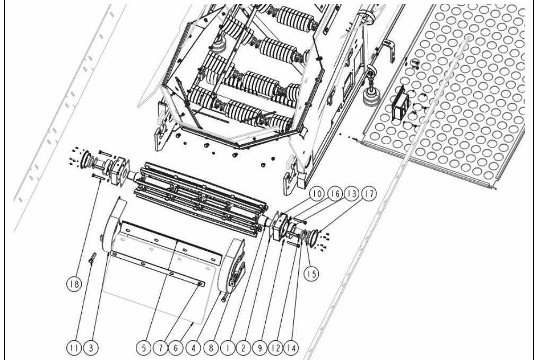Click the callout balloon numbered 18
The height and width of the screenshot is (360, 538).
pyautogui.click(x=74, y=284)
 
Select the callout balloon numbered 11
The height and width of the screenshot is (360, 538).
pyautogui.click(x=74, y=348)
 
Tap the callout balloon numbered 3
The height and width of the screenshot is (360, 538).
pyautogui.click(x=91, y=348)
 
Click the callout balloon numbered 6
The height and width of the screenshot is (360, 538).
pyautogui.click(x=176, y=348)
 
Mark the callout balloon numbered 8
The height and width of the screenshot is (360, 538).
pyautogui.click(x=210, y=348)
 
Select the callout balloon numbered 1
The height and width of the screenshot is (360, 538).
pyautogui.click(x=227, y=348)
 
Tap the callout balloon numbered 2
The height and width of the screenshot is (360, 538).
pyautogui.click(x=242, y=348)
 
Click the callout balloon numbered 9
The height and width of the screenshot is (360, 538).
pyautogui.click(x=259, y=348)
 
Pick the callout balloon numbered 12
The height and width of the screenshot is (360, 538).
pyautogui.click(x=275, y=348)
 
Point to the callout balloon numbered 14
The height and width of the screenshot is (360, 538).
pyautogui.click(x=292, y=348)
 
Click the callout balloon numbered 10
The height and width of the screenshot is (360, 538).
pyautogui.click(x=317, y=194)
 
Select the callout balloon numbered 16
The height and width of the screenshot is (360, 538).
pyautogui.click(x=335, y=194)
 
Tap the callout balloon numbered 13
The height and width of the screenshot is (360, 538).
pyautogui.click(x=351, y=194)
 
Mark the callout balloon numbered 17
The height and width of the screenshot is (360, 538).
pyautogui.click(x=369, y=194)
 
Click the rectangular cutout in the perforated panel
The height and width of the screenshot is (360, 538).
pyautogui.click(x=398, y=104)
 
